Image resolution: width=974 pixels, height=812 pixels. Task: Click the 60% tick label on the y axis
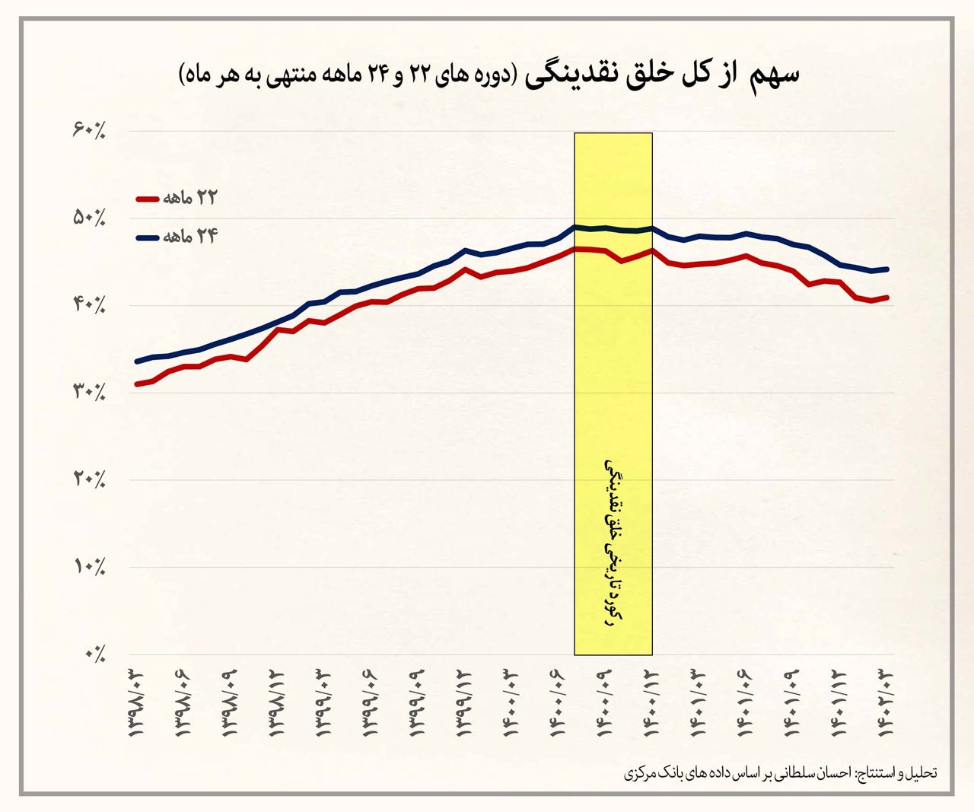pyautogui.click(x=88, y=131)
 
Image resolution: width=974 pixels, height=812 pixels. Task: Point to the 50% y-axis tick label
pyautogui.click(x=88, y=218)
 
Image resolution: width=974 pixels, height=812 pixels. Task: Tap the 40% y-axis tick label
pyautogui.click(x=88, y=305)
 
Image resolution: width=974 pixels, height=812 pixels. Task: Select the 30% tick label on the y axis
pyautogui.click(x=88, y=393)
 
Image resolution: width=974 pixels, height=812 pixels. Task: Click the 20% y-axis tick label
pyautogui.click(x=88, y=479)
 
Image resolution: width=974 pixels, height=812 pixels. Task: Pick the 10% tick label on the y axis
pyautogui.click(x=88, y=567)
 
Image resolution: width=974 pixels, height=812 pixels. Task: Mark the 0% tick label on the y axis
pyautogui.click(x=94, y=654)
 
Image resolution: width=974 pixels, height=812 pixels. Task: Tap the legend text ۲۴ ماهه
pyautogui.click(x=189, y=237)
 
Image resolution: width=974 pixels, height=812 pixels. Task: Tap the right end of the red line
pyautogui.click(x=886, y=298)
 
